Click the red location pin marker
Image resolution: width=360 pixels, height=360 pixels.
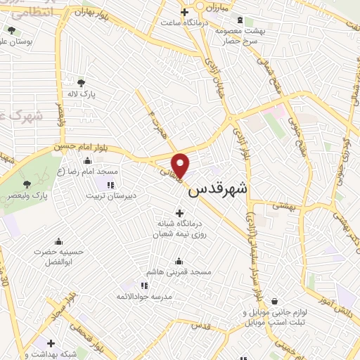(181, 165)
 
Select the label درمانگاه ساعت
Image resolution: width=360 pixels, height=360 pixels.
(185, 22)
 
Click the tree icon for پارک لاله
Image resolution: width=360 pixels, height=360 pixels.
(82, 82)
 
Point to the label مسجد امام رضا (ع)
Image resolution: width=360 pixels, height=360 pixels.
(89, 171)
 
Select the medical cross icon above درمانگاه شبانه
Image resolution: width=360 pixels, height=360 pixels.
(179, 213)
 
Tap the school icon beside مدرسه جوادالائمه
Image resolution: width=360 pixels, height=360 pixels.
(144, 285)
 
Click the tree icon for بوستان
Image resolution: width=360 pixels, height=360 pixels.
(11, 30)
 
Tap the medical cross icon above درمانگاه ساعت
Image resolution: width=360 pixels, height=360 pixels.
(185, 11)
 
